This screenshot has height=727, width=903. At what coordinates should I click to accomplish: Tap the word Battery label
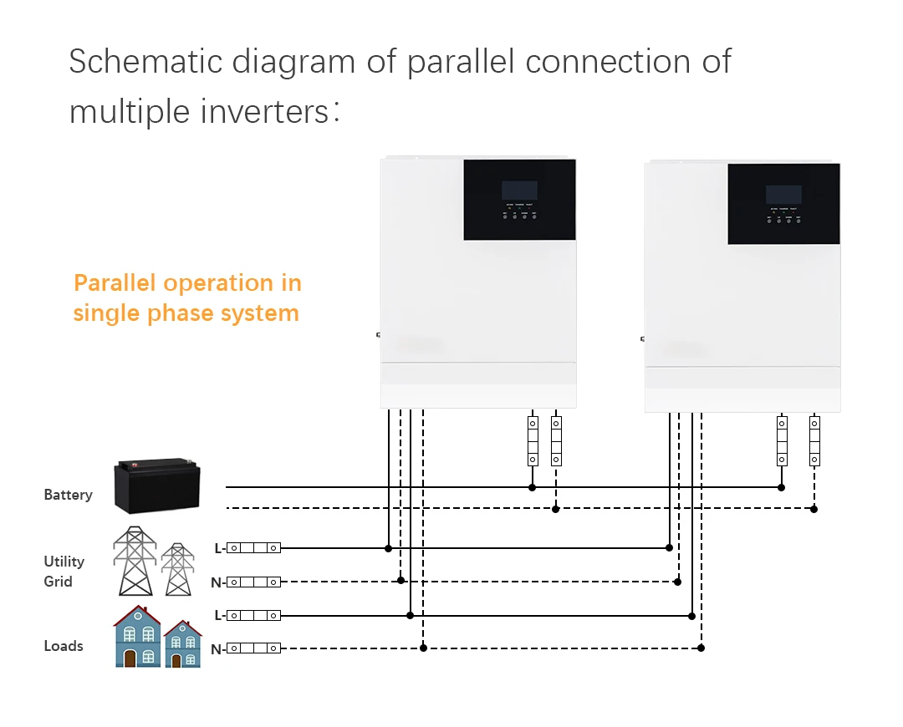(68, 495)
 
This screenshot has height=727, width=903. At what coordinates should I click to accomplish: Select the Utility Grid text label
(64, 571)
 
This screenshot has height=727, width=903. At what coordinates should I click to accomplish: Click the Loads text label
(64, 646)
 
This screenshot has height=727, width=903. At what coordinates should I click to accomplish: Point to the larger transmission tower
(135, 561)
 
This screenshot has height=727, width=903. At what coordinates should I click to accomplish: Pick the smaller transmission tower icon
(177, 569)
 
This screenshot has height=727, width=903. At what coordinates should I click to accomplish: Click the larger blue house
(138, 637)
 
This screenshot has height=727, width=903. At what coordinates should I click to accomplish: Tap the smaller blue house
(182, 644)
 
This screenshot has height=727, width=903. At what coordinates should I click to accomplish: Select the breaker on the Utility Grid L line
(253, 548)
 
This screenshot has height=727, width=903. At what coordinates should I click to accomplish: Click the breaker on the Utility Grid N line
(253, 582)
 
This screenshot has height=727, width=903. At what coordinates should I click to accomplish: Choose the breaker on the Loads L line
(253, 615)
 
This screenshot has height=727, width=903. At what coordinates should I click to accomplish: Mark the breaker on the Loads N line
(253, 648)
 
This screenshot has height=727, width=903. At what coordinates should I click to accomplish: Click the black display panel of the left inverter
(519, 199)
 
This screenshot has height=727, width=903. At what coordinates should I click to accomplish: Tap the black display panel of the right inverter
(783, 204)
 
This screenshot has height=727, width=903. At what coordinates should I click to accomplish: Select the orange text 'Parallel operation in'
(187, 283)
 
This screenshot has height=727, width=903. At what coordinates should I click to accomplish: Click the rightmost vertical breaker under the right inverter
(814, 440)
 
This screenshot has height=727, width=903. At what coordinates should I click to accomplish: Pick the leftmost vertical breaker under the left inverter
(532, 440)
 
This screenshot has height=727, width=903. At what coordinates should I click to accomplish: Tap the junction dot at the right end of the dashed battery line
(814, 508)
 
